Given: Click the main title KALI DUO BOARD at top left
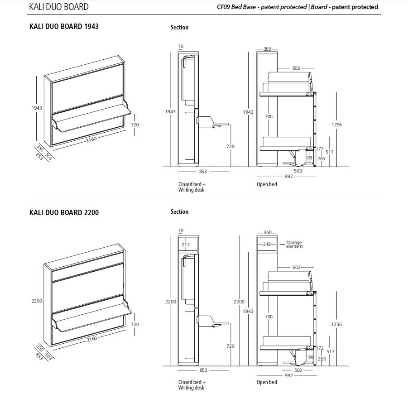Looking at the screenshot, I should coord(59,7).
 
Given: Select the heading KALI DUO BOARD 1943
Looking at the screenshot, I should coord(64,26).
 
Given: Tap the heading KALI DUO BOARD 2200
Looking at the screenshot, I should coord(64,212).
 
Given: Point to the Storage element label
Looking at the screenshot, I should coord(294,245).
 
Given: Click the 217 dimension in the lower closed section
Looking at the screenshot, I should coord(185,245).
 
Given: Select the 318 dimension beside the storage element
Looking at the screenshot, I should coord(268,245).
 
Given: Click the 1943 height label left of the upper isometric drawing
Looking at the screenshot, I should coord(37,108).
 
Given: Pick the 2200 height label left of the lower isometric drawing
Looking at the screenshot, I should coord(37,300).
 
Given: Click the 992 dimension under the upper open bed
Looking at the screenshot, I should coord(288,176).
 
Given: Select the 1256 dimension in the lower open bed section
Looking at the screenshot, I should coord(336,324).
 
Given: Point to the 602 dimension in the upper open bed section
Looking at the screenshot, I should coord(296,68).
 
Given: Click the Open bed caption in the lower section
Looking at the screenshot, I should coord(267,382).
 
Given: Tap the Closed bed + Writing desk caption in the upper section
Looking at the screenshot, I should coord(192,187).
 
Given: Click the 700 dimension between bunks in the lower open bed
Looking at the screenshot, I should coord(269,317).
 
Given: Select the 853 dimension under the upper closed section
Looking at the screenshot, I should coord(203,171).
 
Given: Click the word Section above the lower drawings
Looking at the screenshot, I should coord(179,211).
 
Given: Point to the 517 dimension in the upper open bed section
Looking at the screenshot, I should coord(329,152).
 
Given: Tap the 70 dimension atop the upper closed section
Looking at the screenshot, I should coord(181,46).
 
